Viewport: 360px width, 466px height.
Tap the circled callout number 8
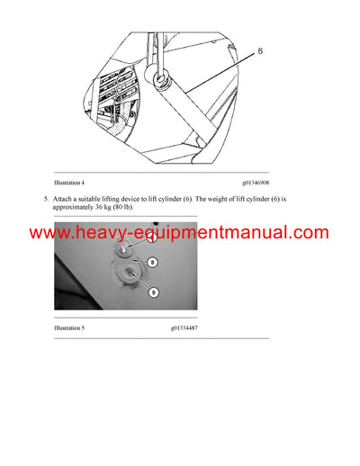pos(154,263)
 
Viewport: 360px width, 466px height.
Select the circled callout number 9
pos(154,291)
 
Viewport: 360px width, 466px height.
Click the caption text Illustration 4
pos(71,183)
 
